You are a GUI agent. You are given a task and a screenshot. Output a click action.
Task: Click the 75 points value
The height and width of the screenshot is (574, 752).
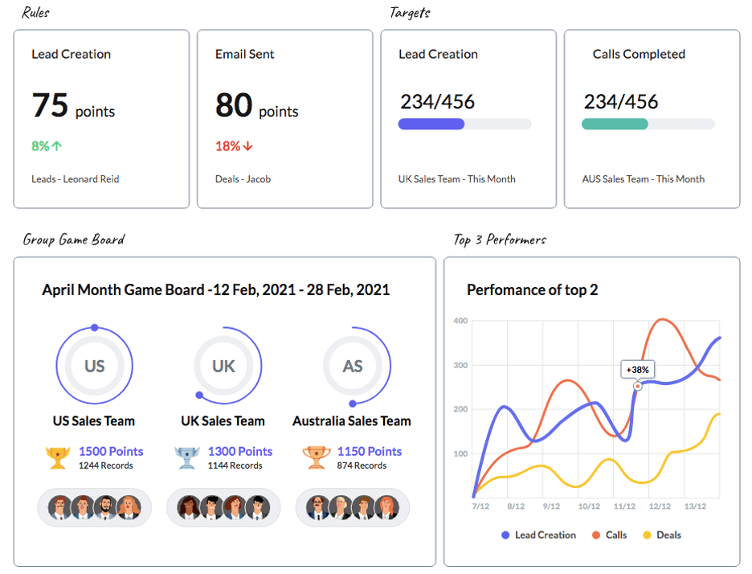(72, 106)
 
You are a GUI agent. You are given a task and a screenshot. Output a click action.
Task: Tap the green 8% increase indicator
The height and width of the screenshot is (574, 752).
(47, 146)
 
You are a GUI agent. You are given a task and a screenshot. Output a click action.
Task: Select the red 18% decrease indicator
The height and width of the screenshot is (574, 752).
(234, 146)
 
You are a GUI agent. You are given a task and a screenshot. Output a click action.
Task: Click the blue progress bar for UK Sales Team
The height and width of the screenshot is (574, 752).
(431, 124)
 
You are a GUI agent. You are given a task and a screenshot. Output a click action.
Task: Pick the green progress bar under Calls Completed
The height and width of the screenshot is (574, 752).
(615, 124)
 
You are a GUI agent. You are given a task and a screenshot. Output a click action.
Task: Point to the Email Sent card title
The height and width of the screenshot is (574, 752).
(244, 55)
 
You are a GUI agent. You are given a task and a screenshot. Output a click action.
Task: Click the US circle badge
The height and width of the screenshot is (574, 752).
(95, 366)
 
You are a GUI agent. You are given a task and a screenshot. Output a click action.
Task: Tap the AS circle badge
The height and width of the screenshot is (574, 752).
(353, 366)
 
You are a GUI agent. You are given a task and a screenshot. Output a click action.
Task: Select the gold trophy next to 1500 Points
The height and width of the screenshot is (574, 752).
(58, 457)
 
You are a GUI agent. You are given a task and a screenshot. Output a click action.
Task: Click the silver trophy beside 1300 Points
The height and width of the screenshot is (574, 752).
(186, 457)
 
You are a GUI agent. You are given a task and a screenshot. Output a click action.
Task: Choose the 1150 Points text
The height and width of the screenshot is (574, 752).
(369, 452)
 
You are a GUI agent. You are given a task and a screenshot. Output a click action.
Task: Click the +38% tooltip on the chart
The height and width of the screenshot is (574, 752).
(639, 370)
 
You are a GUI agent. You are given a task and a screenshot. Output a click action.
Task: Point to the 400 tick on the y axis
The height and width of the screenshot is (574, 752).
(460, 321)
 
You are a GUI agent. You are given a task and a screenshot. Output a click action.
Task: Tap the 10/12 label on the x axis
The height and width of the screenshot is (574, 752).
(589, 506)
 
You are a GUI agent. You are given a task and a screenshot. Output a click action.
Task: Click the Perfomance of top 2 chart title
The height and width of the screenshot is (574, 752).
(532, 290)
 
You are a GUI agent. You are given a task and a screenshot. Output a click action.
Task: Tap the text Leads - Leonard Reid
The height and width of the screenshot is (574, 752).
(76, 179)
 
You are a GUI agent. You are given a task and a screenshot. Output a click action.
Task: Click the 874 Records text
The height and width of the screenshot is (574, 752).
(362, 465)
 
